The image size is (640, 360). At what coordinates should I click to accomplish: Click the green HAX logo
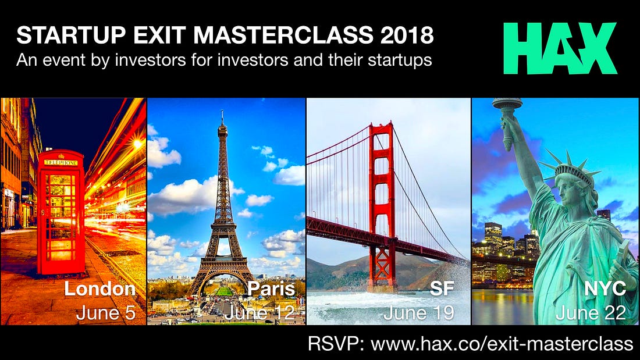pyautogui.click(x=560, y=48)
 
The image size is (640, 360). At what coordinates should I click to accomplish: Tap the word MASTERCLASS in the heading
pyautogui.click(x=283, y=35)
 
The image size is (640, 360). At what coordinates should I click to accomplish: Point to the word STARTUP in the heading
pyautogui.click(x=71, y=35)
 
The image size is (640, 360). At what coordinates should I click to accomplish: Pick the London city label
pyautogui.click(x=99, y=289)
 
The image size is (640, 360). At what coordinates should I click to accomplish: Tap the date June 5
pyautogui.click(x=105, y=313)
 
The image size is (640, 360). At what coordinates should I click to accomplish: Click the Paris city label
pyautogui.click(x=271, y=289)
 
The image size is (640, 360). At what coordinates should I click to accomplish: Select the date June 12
pyautogui.click(x=259, y=313)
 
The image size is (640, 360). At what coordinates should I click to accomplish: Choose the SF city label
pyautogui.click(x=442, y=289)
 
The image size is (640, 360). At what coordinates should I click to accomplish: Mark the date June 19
pyautogui.click(x=419, y=313)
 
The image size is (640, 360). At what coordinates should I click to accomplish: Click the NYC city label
pyautogui.click(x=605, y=289)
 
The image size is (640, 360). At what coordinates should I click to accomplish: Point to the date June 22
pyautogui.click(x=591, y=313)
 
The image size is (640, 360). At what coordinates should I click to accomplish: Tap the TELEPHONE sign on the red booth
pyautogui.click(x=61, y=163)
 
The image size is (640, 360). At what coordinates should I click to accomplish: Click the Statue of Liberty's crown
pyautogui.click(x=571, y=167)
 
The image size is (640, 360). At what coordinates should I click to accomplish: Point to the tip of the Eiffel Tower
pyautogui.click(x=222, y=111)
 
